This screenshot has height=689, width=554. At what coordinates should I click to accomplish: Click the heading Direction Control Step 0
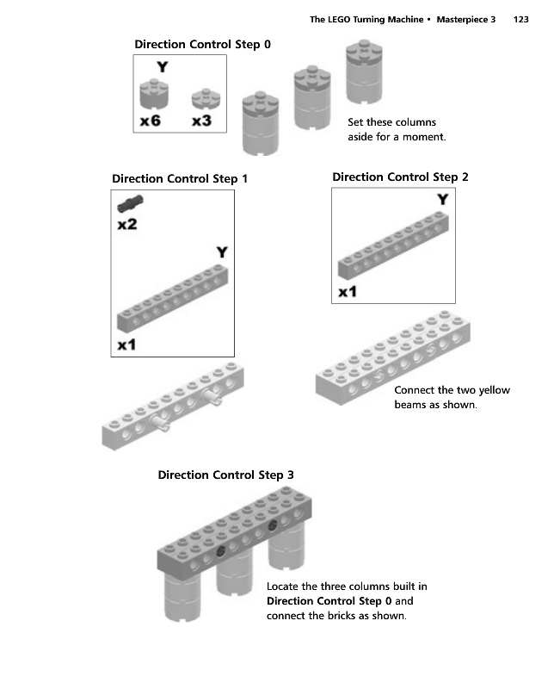tap(202, 43)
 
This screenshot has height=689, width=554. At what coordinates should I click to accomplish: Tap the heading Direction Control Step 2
tap(400, 177)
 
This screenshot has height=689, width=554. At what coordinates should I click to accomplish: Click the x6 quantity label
tap(150, 121)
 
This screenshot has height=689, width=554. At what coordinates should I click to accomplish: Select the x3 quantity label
tap(201, 121)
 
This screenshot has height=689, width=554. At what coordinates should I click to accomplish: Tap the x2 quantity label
tap(126, 225)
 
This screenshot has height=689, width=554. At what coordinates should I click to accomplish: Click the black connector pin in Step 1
tap(130, 204)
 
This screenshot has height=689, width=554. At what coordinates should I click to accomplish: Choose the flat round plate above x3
tap(203, 96)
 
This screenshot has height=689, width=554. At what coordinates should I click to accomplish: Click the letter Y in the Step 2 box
tap(442, 200)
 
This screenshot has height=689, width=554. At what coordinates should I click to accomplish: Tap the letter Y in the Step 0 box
tap(162, 65)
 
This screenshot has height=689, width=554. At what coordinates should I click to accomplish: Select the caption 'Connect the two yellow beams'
tap(451, 397)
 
